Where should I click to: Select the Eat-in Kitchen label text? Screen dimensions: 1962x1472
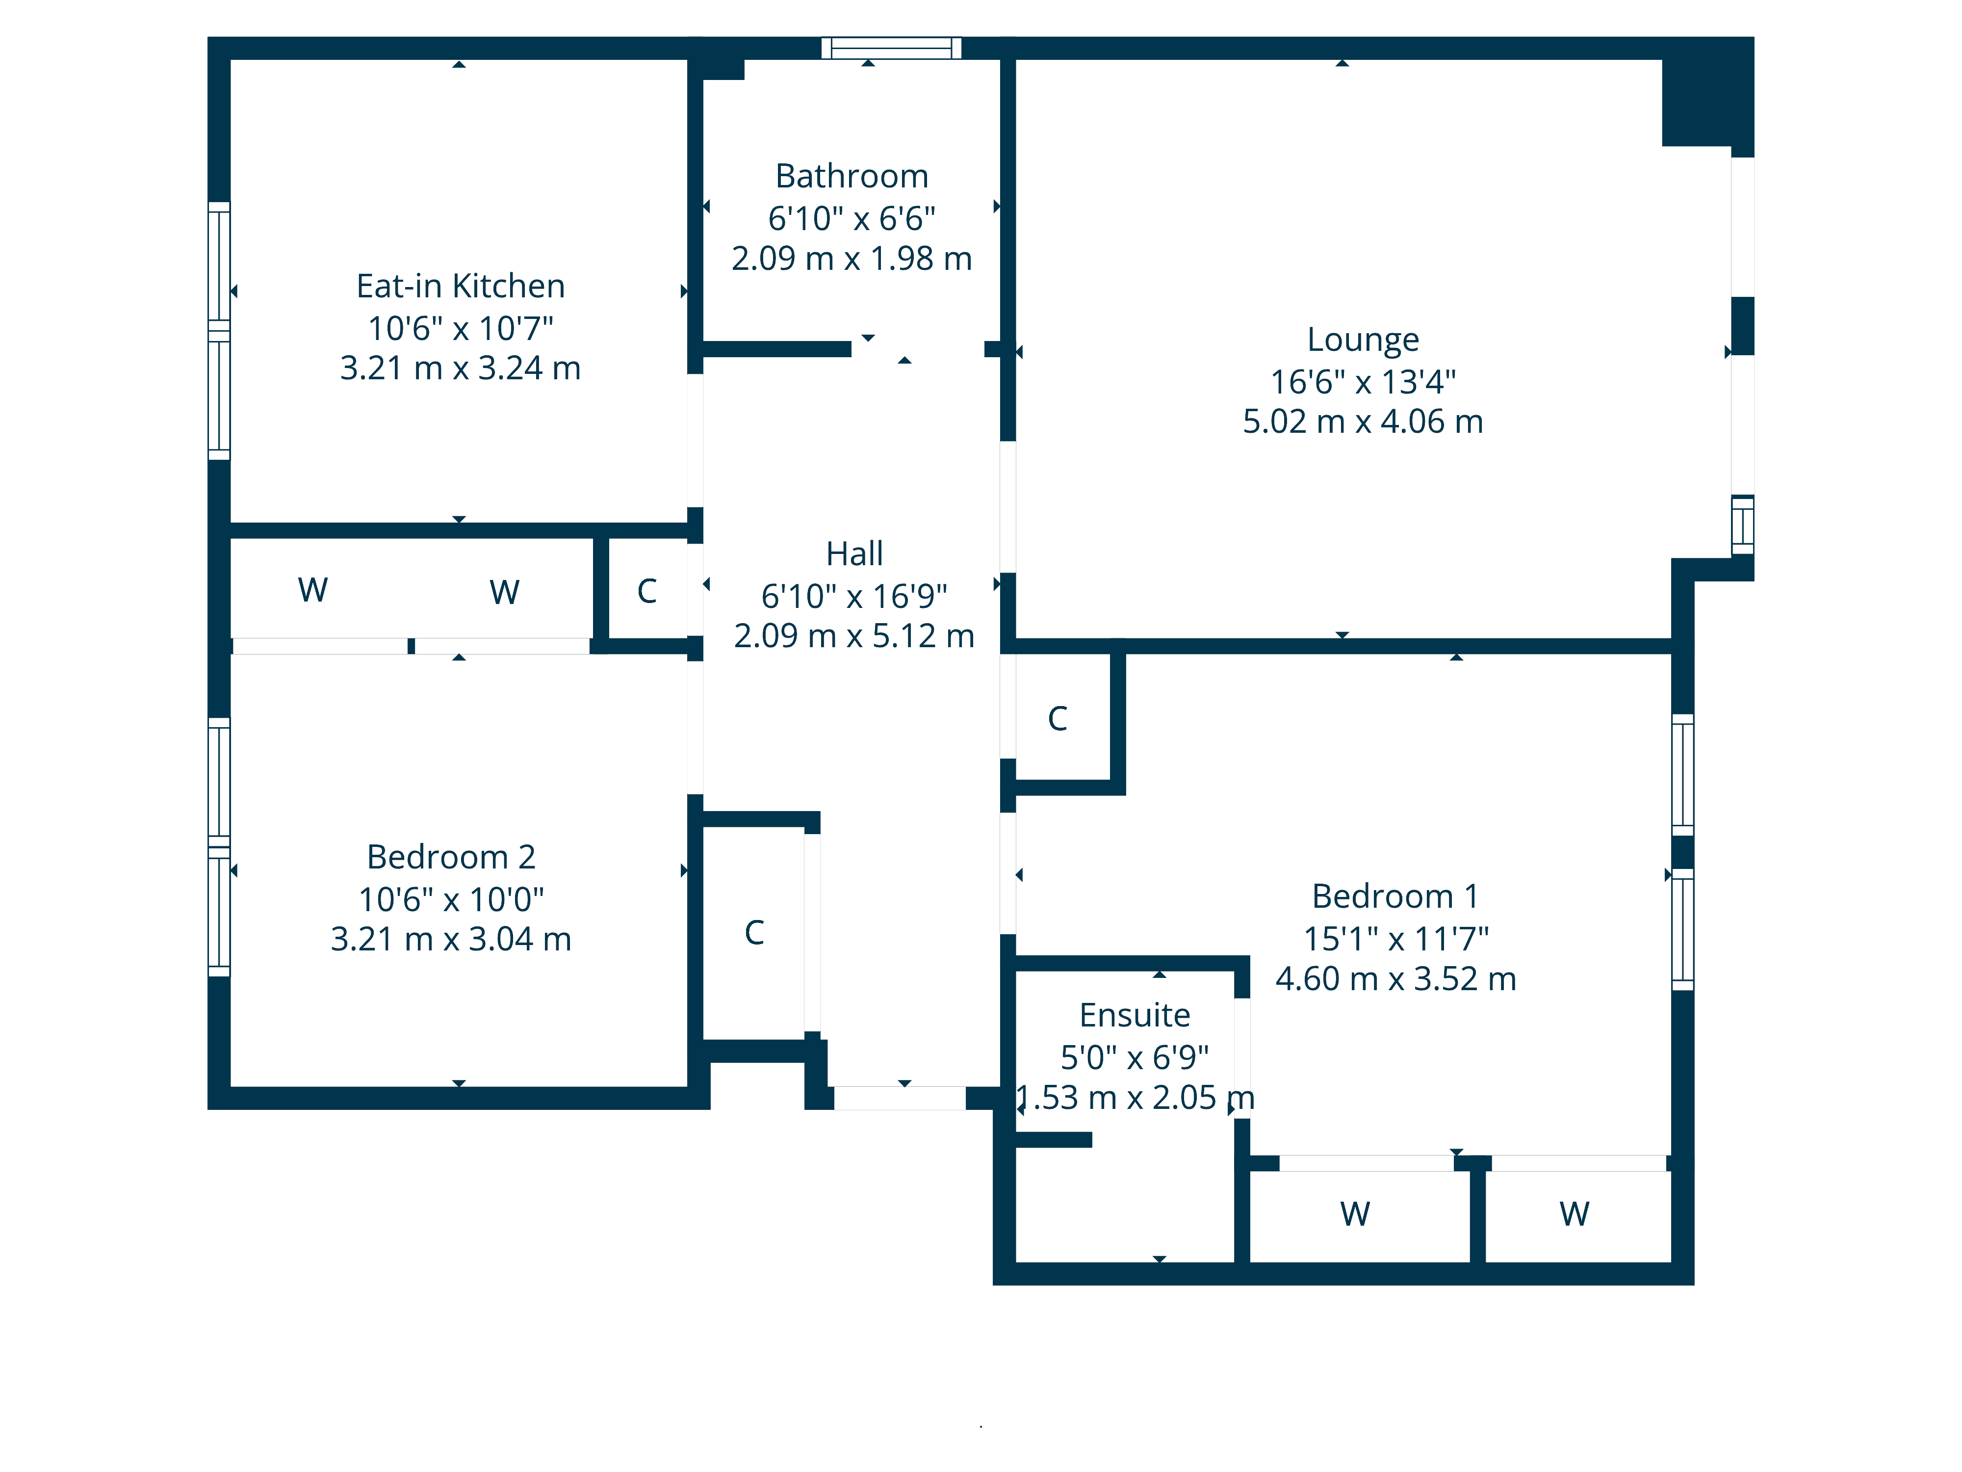point(461,286)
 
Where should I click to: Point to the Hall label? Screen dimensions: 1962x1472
point(854,553)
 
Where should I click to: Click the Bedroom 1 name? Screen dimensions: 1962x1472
point(1395,896)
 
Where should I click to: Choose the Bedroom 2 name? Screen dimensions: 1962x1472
point(451,857)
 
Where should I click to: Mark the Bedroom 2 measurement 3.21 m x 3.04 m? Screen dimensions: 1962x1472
point(451,939)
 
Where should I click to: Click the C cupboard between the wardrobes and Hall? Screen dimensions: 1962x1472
point(647,591)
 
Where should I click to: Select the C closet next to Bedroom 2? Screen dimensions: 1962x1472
point(754,933)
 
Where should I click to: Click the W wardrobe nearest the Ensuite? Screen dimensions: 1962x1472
point(1355,1213)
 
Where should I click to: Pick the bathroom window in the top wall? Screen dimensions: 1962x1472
point(891,48)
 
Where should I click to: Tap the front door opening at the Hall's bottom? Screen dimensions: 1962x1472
point(900,1098)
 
